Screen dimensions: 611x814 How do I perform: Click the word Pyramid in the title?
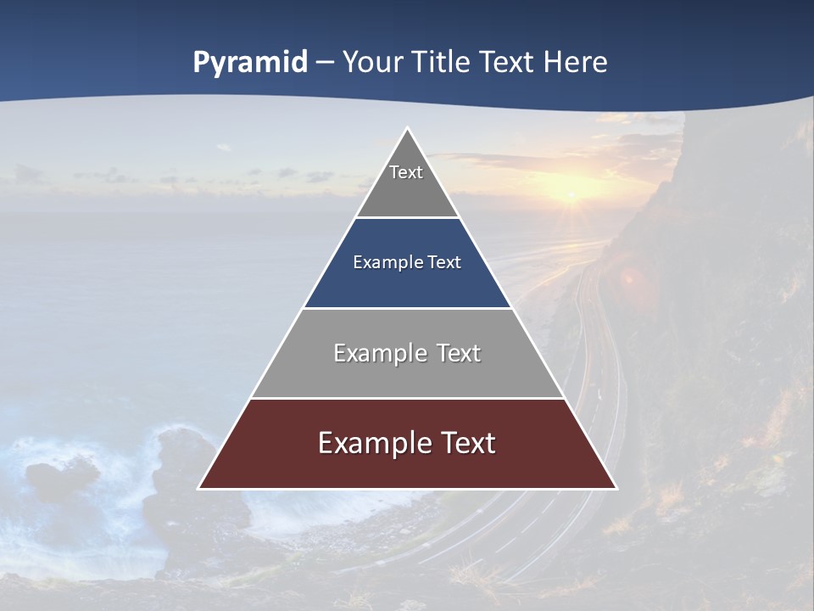click(250, 62)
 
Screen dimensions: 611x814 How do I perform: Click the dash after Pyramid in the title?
click(325, 63)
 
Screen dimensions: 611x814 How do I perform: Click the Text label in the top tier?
click(406, 172)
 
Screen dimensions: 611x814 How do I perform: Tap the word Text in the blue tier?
click(444, 262)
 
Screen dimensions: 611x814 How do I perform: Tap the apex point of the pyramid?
click(407, 129)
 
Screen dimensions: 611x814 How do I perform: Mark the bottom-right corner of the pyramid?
click(616, 488)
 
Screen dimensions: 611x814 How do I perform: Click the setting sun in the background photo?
click(570, 198)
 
